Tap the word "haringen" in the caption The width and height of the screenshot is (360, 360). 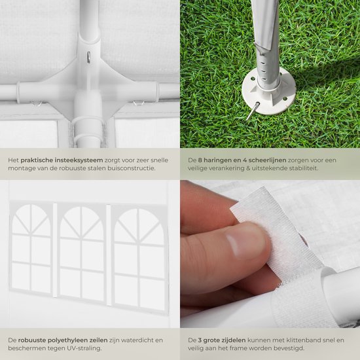coord(215,160)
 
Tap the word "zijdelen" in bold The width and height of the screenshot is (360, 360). coord(234,340)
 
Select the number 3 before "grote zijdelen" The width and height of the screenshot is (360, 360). coord(200,340)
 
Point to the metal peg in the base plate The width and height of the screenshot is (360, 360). coord(253,111)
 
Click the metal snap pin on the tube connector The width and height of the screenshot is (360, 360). coord(88,57)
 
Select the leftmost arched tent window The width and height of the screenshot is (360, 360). coord(31,249)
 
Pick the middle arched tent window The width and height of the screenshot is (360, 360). coord(82,253)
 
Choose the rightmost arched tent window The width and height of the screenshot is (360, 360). coord(139,259)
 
